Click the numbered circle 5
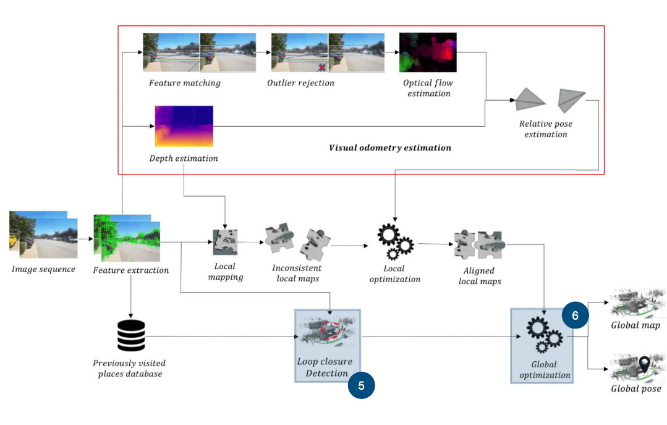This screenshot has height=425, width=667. [x=361, y=385]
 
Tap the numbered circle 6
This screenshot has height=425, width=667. [x=575, y=315]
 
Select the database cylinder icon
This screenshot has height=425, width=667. [x=131, y=336]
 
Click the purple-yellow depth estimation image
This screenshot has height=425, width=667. [x=183, y=126]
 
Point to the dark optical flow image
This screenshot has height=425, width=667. [x=428, y=53]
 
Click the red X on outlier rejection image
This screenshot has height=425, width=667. [x=322, y=66]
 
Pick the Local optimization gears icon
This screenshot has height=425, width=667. [x=394, y=242]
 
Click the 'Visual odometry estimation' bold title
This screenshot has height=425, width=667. [x=389, y=148]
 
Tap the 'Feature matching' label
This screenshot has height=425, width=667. [x=184, y=83]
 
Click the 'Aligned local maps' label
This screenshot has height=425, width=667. [x=480, y=276]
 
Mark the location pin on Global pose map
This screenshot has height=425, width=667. [x=645, y=364]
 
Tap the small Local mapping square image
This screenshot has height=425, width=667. [x=225, y=243]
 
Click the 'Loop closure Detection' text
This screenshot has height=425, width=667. [x=325, y=367]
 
